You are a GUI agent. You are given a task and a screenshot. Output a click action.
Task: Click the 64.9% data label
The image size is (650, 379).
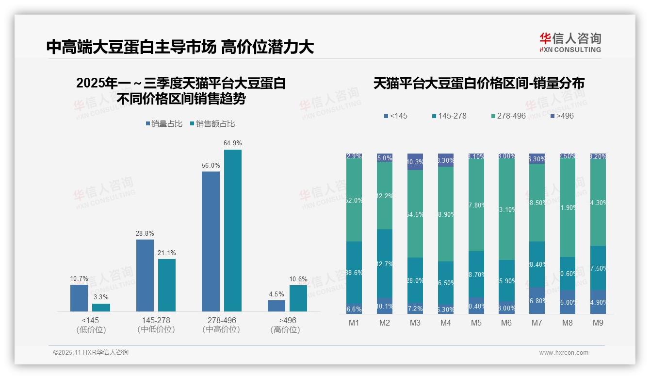pyautogui.click(x=232, y=143)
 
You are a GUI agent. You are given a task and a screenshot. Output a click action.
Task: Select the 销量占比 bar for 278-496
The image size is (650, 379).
pyautogui.click(x=211, y=241)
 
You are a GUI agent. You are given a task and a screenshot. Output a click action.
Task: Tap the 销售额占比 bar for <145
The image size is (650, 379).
pyautogui.click(x=101, y=307)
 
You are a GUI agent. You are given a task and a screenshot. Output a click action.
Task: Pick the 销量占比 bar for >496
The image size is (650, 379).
pyautogui.click(x=276, y=306)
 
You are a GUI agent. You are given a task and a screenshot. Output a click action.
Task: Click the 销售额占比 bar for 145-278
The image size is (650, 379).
pyautogui.click(x=167, y=285)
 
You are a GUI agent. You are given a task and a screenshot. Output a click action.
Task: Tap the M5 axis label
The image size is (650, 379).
pyautogui.click(x=476, y=323)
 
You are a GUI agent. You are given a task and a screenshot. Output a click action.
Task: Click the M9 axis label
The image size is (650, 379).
pyautogui.click(x=598, y=323)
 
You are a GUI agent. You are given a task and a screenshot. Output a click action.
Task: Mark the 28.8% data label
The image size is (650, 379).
pyautogui.click(x=145, y=234)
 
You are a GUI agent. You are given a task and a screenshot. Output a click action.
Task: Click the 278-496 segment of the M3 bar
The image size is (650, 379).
pyautogui.click(x=415, y=213)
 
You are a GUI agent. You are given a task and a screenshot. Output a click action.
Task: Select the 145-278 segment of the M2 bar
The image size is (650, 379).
pyautogui.click(x=385, y=264)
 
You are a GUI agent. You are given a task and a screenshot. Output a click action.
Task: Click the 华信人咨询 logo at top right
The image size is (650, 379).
pyautogui.click(x=570, y=42)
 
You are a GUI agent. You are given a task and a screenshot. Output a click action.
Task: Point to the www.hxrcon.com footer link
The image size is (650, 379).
pyautogui.click(x=563, y=353)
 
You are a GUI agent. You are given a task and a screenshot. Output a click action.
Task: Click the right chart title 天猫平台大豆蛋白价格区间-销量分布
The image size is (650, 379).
pyautogui.click(x=478, y=83)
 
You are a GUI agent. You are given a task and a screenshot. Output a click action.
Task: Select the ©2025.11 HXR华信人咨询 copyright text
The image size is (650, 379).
pyautogui.click(x=91, y=353)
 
